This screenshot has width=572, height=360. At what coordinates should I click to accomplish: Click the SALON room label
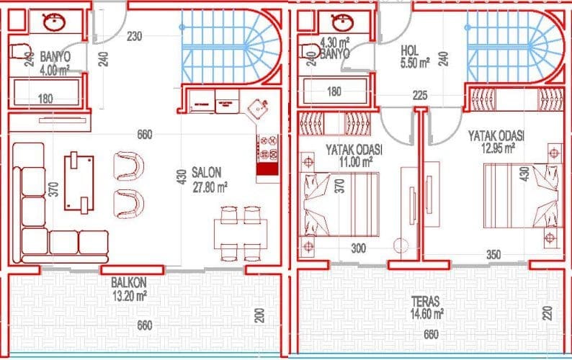(206, 173)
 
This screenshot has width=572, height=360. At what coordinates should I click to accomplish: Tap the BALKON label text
(129, 282)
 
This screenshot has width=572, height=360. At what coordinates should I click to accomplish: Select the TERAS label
(425, 302)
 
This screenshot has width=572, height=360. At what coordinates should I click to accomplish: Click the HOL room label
(410, 50)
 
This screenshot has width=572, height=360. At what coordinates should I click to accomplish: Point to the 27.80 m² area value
(210, 187)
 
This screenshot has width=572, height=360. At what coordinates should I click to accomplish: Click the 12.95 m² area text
(498, 148)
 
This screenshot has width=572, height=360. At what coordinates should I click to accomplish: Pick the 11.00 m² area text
(356, 161)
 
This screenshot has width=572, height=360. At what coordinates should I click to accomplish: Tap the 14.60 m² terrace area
(426, 314)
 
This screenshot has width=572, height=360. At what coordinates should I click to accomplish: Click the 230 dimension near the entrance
(134, 37)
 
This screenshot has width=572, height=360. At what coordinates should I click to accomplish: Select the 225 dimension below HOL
(420, 96)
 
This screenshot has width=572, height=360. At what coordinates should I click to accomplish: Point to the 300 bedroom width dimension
(358, 248)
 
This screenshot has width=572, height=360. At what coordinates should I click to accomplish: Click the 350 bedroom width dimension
(493, 255)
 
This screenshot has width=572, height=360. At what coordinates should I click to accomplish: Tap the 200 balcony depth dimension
(259, 315)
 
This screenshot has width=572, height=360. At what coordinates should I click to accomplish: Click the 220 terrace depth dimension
(548, 314)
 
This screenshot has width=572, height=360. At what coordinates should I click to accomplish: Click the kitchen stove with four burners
(268, 148)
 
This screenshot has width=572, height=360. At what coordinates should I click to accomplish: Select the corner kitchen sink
(258, 107)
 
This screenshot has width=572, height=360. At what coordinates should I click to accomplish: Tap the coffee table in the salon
(79, 183)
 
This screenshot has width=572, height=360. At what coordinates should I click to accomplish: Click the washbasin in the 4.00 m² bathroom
(54, 22)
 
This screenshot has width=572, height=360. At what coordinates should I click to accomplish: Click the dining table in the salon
(241, 234)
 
